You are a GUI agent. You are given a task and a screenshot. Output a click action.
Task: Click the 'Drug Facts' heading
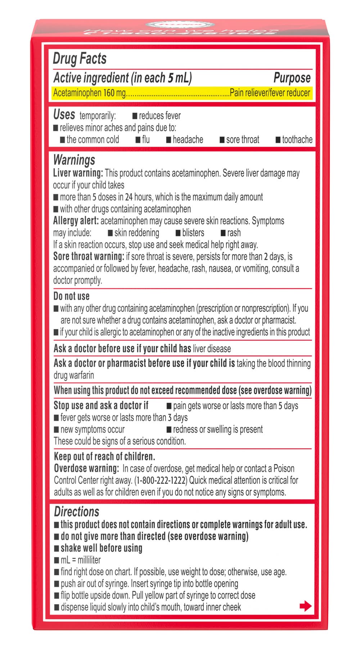pos(80,59)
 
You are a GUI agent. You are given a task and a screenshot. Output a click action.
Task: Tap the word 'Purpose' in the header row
pos(292,78)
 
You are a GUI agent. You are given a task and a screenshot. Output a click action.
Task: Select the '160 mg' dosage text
pos(114,93)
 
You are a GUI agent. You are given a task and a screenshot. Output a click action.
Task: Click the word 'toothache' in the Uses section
pos(297,140)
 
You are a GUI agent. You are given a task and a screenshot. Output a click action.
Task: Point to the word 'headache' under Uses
pos(188,140)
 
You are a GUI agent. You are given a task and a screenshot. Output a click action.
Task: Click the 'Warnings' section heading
pos(74,160)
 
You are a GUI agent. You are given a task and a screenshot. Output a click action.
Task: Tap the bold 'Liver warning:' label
pos(78,173)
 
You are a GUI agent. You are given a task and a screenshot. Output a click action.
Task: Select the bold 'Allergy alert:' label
pos(76,221)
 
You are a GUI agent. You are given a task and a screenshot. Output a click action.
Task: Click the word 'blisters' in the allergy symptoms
pos(193,233)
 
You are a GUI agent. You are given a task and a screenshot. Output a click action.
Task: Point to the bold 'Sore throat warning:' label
pos(89,257)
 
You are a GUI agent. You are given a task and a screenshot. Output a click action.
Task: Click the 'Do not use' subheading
pos(71,296)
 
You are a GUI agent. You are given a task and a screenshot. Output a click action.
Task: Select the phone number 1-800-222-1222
pos(161,480)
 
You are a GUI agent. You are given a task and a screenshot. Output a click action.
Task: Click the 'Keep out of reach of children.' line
pos(104,456)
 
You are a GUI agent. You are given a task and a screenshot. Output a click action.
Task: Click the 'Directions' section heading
pos(76,512)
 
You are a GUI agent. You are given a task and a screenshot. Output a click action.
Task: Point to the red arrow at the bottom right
pos(305,606)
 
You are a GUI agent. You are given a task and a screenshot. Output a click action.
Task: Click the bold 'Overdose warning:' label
pos(86,468)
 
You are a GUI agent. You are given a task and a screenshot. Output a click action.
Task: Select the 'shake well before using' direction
pos(101,548)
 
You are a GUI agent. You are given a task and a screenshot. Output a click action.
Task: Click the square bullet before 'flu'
pos(138,140)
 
